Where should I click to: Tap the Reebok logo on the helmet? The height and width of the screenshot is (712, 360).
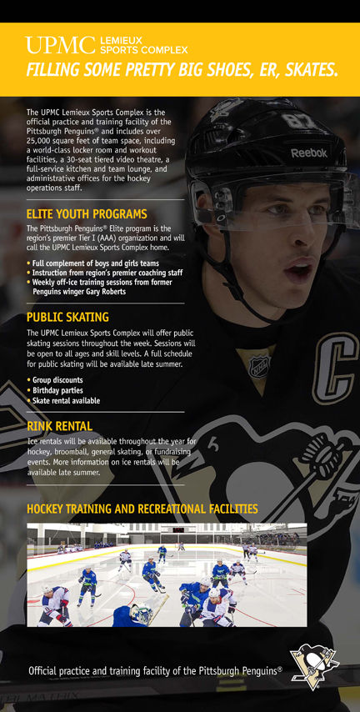pos(308,153)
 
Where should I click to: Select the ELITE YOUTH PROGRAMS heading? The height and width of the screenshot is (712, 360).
pos(87,214)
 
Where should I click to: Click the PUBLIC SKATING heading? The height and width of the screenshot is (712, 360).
pos(67,318)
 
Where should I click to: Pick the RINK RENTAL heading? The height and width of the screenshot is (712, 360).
pos(59,426)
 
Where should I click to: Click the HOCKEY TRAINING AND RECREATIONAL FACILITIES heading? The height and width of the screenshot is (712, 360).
pos(142,509)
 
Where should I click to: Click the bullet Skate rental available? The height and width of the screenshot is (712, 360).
pos(66,400)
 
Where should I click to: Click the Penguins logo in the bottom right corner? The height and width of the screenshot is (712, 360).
pos(314,666)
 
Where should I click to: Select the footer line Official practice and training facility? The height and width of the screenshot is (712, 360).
pos(155,670)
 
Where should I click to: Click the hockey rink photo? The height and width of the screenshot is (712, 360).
pos(167,574)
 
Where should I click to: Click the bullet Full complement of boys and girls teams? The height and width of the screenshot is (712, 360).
pos(96,263)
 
